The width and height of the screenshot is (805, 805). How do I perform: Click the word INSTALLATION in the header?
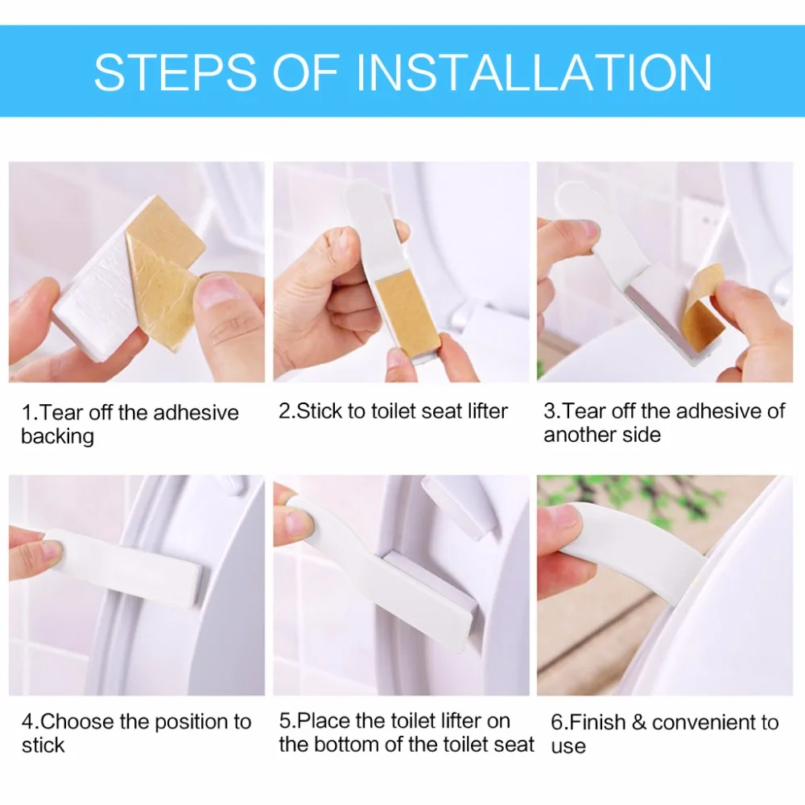click(x=534, y=72)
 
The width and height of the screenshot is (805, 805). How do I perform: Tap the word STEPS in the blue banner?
click(x=175, y=72)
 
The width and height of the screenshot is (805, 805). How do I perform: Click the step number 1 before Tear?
click(x=27, y=413)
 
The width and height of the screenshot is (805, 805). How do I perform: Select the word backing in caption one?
click(x=57, y=437)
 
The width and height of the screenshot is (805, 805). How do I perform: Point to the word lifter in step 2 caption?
click(x=487, y=411)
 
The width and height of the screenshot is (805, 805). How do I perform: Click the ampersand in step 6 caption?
click(x=638, y=722)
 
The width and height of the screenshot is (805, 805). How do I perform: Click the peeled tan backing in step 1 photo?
click(x=163, y=267)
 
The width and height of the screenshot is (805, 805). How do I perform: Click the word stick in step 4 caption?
click(x=43, y=745)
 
